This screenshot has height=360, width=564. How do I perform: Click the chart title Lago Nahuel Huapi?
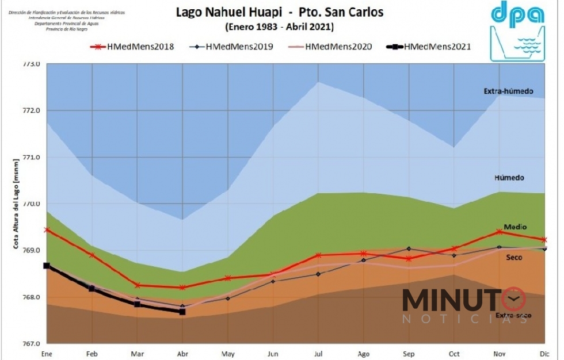click(226, 13)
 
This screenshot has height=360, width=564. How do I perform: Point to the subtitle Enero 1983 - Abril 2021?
click(279, 26)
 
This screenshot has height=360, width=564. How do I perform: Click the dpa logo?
click(517, 31)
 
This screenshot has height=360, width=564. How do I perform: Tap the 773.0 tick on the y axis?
click(31, 64)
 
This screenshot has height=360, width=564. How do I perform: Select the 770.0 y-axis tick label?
click(31, 204)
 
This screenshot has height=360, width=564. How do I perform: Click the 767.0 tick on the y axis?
click(31, 344)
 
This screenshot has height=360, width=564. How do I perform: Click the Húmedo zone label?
click(509, 178)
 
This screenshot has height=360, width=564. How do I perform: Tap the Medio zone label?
click(515, 227)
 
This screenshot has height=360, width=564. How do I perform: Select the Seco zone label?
click(514, 258)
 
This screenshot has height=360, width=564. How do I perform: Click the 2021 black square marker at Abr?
click(182, 312)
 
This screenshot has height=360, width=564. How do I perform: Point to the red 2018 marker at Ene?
click(47, 229)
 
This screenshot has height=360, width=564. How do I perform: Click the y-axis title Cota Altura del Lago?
click(17, 204)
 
